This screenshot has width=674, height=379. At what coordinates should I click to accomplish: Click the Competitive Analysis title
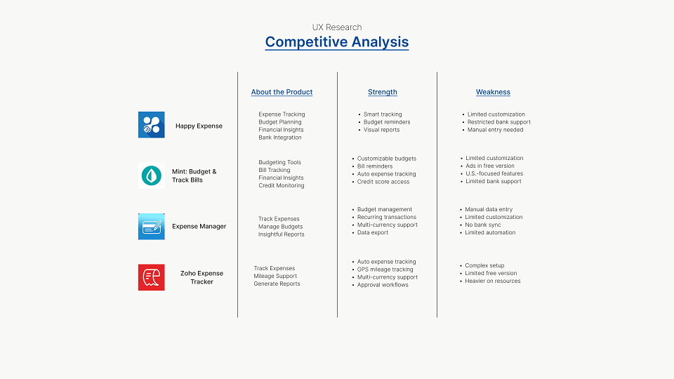pyautogui.click(x=336, y=42)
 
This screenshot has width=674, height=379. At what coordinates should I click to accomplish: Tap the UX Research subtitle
pyautogui.click(x=336, y=27)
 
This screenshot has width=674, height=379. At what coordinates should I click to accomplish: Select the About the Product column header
pyautogui.click(x=282, y=92)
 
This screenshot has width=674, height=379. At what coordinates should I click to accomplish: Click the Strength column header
pyautogui.click(x=382, y=92)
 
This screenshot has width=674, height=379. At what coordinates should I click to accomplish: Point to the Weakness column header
pyautogui.click(x=493, y=92)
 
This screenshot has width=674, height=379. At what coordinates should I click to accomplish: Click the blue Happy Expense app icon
pyautogui.click(x=152, y=125)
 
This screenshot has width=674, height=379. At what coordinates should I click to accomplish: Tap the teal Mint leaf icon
pyautogui.click(x=152, y=175)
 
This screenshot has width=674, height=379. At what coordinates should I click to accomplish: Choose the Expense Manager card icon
pyautogui.click(x=152, y=227)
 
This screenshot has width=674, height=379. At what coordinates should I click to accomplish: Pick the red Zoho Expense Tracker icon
pyautogui.click(x=152, y=277)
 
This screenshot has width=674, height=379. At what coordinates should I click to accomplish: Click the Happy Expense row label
pyautogui.click(x=199, y=126)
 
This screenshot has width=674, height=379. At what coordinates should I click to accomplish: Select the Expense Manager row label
pyautogui.click(x=199, y=227)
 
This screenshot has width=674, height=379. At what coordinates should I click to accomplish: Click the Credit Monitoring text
pyautogui.click(x=281, y=185)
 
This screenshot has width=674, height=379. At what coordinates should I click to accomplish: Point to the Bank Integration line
pyautogui.click(x=280, y=138)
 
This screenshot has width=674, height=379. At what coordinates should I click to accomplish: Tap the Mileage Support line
pyautogui.click(x=275, y=276)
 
